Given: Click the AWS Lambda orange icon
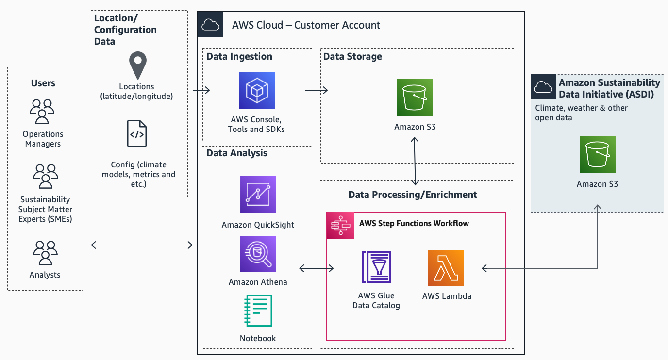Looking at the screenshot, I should click(x=446, y=268).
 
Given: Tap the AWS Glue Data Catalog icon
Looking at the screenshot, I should click(x=376, y=267).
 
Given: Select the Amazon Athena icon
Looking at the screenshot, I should click(x=258, y=254).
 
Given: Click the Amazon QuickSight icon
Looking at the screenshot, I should click(x=258, y=194).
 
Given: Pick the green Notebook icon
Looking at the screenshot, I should click(x=258, y=311).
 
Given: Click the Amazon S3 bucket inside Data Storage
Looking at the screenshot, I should click(x=415, y=98).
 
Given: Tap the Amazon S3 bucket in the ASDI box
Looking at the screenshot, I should click(x=598, y=154).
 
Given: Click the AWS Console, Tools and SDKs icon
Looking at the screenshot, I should click(x=257, y=90).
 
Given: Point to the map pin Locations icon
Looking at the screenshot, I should click(x=137, y=66).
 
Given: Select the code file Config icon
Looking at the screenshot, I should click(x=137, y=133).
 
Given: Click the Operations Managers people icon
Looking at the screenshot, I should click(x=42, y=111).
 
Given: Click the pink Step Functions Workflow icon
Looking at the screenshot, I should click(x=340, y=225).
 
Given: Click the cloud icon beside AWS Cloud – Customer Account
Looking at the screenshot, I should click(x=210, y=25).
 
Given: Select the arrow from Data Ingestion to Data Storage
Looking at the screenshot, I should click(x=316, y=90).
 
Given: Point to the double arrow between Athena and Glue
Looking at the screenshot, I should click(x=317, y=268).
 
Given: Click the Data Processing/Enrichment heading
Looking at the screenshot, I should click(x=413, y=195).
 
